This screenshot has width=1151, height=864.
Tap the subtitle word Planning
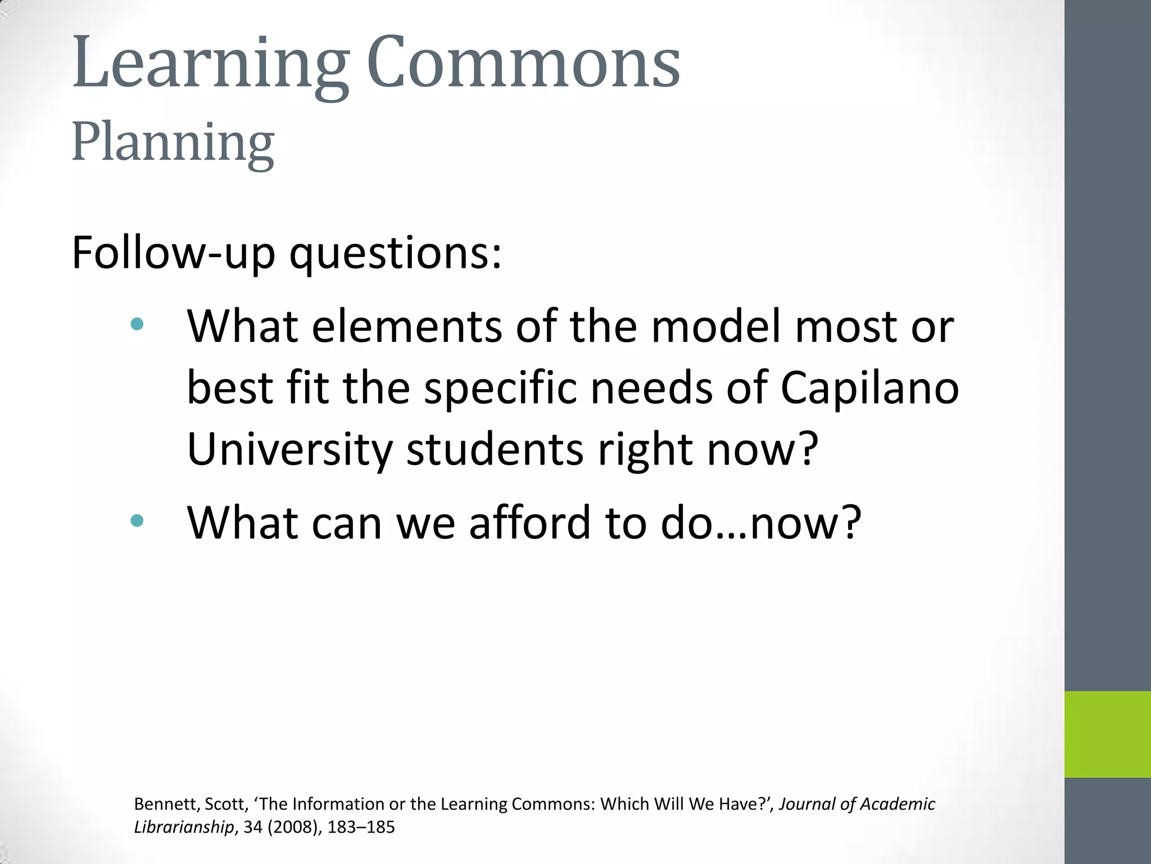click(x=173, y=143)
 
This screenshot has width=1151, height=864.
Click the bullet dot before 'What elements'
click(x=137, y=324)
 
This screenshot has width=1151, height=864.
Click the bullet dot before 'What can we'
click(x=137, y=520)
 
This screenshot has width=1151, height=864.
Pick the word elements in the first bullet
click(x=407, y=327)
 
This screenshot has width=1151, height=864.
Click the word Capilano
click(x=869, y=389)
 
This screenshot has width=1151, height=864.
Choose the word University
click(x=290, y=450)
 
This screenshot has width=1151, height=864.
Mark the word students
click(x=495, y=450)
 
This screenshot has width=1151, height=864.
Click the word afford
click(x=530, y=523)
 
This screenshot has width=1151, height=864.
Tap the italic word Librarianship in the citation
click(x=184, y=827)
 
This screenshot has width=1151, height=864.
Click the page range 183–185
click(x=361, y=827)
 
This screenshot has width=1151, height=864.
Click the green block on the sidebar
click(x=1107, y=734)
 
